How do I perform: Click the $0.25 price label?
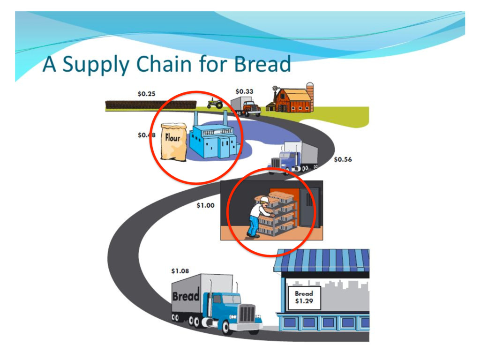coord(146,94)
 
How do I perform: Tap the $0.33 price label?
coord(244,91)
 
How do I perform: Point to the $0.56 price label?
coord(343,159)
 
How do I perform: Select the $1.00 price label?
coord(205,205)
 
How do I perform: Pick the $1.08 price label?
coord(180,271)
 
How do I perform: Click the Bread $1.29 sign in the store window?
coord(304,297)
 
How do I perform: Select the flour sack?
coord(173,141)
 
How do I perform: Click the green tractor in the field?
coord(215,103)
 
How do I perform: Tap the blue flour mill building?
coord(214,139)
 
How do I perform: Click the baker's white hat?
coord(264,200)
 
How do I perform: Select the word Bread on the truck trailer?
coord(186,296)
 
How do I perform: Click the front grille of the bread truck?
coord(247,313)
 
